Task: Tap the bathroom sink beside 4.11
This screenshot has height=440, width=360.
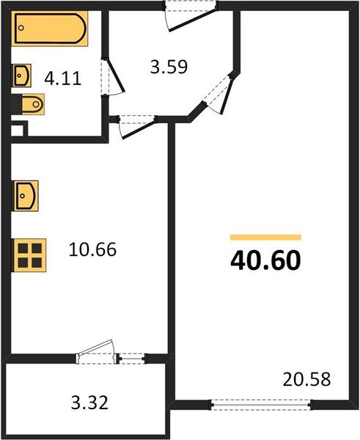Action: coord(23,75)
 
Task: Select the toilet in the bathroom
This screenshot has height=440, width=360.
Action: coord(32,106)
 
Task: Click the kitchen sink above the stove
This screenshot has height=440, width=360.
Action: coord(26,197)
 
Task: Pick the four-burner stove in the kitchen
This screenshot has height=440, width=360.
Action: coord(29,255)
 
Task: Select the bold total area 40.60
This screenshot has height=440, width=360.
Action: coord(265,260)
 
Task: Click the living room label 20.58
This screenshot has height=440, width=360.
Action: coord(306,380)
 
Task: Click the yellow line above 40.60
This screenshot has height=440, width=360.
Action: coord(265,237)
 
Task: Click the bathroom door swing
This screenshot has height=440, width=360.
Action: coord(114,79)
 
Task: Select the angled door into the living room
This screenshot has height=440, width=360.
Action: coord(222,95)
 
